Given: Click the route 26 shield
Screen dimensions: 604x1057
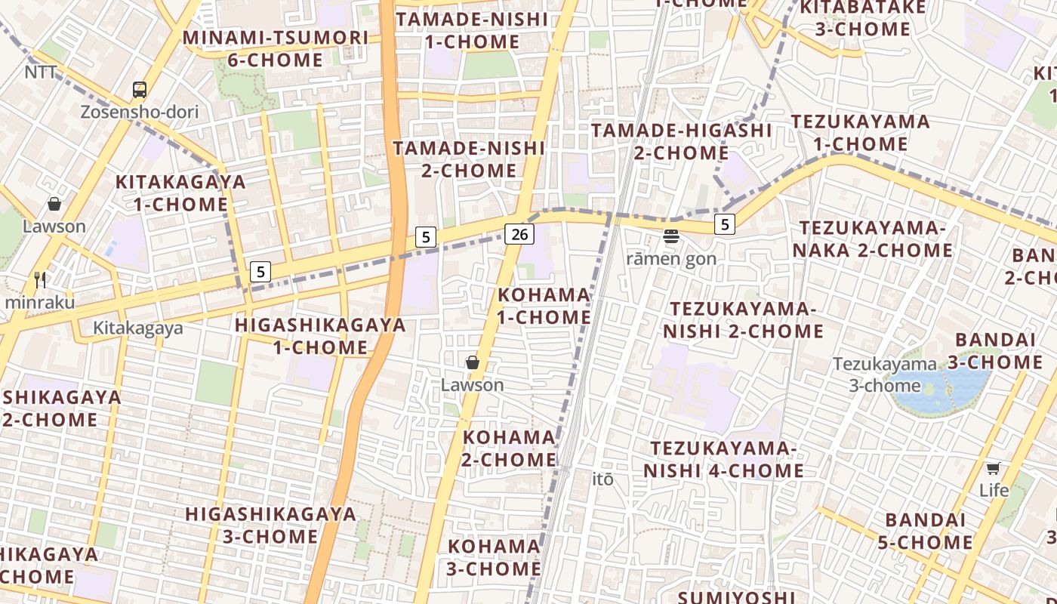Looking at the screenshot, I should pos(519,234).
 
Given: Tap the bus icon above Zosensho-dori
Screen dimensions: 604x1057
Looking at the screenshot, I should pos(140,91).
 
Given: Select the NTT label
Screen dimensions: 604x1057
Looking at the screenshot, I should pos(41,72).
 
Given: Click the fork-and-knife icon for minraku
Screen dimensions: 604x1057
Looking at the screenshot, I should pos(40,280).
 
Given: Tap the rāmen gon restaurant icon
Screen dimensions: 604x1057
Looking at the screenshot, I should pos(671,236).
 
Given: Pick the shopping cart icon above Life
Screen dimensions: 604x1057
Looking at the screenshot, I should pos(994,469).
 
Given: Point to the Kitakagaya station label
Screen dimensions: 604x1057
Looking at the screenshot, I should pos(138,328).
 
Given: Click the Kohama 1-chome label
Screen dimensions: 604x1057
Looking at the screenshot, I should pos(544,306).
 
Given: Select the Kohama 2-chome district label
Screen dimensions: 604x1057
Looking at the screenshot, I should pos(509,448).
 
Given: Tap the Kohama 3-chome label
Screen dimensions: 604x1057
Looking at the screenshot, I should pos(494,557).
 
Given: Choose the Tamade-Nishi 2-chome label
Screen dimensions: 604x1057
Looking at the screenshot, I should pos(469,159).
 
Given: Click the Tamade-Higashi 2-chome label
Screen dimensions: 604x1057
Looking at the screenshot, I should pos(681,141).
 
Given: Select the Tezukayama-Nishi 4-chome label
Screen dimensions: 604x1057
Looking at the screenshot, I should pos(723,459).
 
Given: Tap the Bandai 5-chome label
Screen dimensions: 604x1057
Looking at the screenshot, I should pos(926,531).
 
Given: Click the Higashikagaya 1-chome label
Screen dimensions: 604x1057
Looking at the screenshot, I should pos(320,336).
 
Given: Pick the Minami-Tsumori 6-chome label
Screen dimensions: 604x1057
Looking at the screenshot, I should pos(276,48).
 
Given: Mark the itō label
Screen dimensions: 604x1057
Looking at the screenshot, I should pos(602,479).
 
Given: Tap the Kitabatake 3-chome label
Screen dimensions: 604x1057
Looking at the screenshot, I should pos(863,18).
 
